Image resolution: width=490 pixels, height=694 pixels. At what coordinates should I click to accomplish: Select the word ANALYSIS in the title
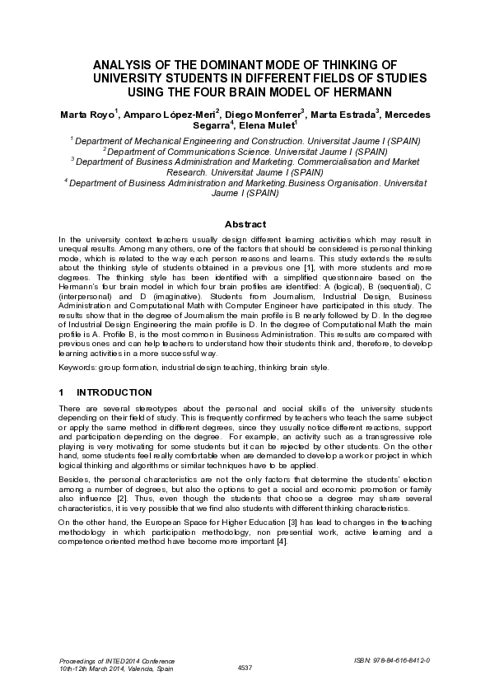(124, 63)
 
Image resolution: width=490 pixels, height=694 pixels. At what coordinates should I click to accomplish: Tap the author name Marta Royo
(87, 112)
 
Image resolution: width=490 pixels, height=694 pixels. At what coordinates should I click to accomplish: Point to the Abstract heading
(245, 224)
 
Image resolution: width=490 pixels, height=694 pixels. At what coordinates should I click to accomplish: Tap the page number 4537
(245, 667)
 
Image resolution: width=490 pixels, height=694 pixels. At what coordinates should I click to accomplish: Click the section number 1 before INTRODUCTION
(62, 392)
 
